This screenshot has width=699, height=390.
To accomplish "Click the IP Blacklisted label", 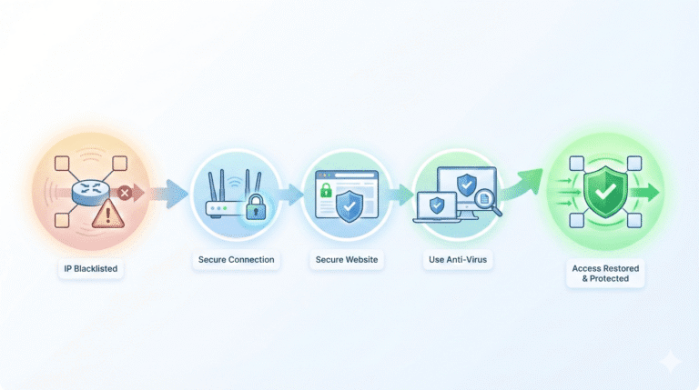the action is pyautogui.click(x=90, y=269).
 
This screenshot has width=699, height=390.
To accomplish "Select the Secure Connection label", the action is pyautogui.click(x=237, y=260).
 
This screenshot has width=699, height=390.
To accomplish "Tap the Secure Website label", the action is pyautogui.click(x=347, y=260).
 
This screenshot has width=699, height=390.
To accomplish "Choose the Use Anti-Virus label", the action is pyautogui.click(x=458, y=260).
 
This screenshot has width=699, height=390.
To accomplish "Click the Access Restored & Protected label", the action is pyautogui.click(x=605, y=274).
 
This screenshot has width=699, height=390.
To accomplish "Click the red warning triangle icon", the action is pyautogui.click(x=108, y=214).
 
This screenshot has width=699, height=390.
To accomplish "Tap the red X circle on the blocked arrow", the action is pyautogui.click(x=125, y=193).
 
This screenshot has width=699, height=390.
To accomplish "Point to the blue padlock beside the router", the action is pyautogui.click(x=256, y=207).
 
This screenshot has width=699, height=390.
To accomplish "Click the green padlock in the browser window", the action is pyautogui.click(x=327, y=190).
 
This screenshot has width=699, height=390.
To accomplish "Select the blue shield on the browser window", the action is pyautogui.click(x=349, y=206).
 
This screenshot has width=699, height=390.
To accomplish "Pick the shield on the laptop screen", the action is pyautogui.click(x=437, y=205).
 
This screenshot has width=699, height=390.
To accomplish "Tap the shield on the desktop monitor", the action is pyautogui.click(x=467, y=185).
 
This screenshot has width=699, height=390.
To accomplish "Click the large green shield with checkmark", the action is pyautogui.click(x=605, y=192).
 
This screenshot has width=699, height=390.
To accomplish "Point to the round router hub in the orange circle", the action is pyautogui.click(x=90, y=193).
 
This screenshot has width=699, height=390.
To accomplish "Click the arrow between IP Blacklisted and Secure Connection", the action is pyautogui.click(x=168, y=194).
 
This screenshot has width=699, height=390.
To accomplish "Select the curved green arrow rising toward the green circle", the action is pyautogui.click(x=522, y=184).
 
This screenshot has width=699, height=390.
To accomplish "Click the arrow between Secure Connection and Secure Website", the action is pyautogui.click(x=289, y=195).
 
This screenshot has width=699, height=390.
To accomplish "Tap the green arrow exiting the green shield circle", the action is pyautogui.click(x=644, y=193).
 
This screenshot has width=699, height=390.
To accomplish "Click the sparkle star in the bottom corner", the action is pyautogui.click(x=671, y=361).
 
